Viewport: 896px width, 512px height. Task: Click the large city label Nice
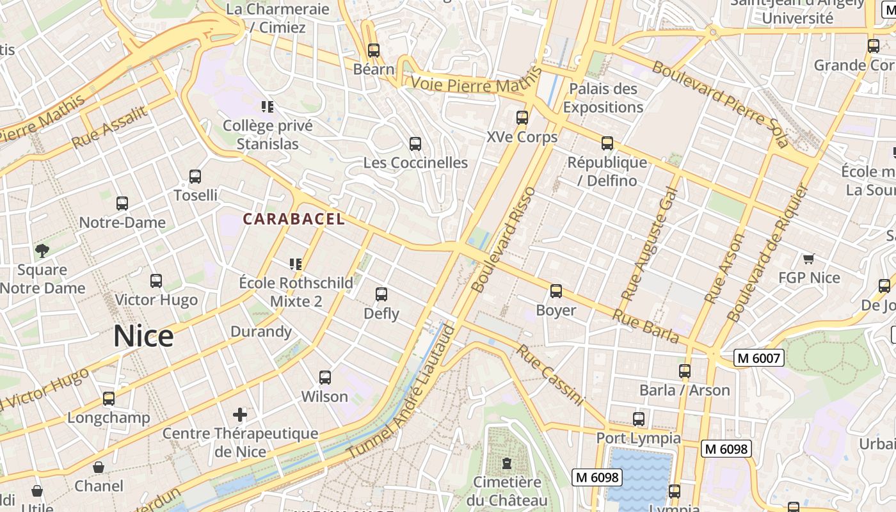coord(143,337)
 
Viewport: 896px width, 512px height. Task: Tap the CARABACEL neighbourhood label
coord(294,219)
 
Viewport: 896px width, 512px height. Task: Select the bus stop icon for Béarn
coord(374,50)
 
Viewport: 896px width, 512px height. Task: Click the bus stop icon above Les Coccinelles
coord(415,144)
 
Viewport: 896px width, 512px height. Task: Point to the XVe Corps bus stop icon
coord(522,118)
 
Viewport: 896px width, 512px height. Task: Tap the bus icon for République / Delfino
coord(607,143)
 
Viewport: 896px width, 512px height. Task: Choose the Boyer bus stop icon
coord(556,291)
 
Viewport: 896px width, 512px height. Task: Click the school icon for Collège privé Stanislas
coord(268,106)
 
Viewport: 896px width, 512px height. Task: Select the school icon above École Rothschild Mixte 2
coord(295,264)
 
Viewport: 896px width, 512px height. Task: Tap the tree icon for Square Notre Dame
coord(42,251)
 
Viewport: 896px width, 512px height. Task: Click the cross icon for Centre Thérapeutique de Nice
coord(240,415)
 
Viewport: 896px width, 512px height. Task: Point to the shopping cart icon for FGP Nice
coord(808,259)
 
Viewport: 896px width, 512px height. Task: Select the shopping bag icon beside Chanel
coord(99,467)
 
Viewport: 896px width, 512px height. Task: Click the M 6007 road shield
coord(758,358)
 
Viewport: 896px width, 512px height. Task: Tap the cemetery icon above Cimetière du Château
coord(507,463)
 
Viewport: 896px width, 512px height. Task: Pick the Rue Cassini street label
coord(550,375)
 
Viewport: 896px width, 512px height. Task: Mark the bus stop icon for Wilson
coord(325,378)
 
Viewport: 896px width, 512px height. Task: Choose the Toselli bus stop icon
coord(195,177)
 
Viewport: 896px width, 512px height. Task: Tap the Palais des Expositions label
coord(603,98)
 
